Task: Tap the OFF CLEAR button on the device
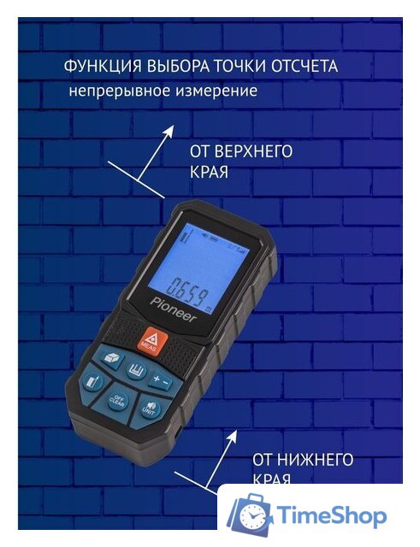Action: [x=119, y=400]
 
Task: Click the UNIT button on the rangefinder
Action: [x=151, y=409]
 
